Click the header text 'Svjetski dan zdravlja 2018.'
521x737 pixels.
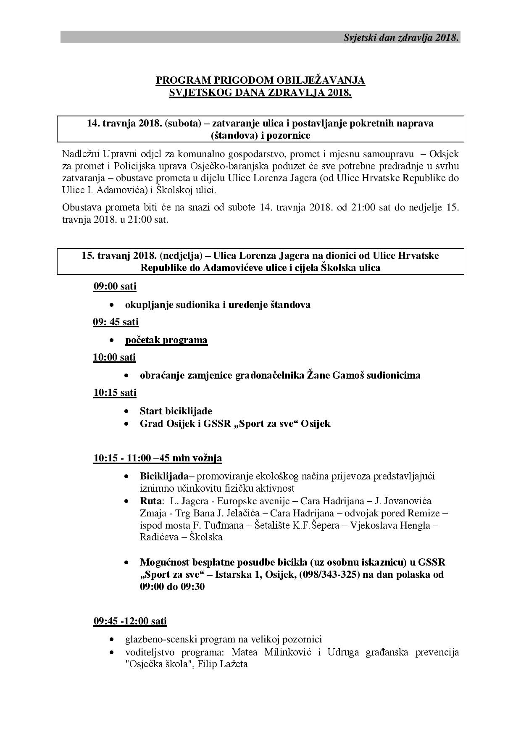click(x=401, y=37)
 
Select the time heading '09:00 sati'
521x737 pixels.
click(x=115, y=286)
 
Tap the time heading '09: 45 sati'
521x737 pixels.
click(x=116, y=322)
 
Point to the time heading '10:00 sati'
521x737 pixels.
click(x=114, y=357)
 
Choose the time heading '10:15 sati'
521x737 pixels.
click(x=115, y=392)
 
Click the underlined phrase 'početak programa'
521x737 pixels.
click(x=166, y=340)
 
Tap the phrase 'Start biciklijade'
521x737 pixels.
click(x=176, y=411)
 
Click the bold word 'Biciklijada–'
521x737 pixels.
click(x=167, y=476)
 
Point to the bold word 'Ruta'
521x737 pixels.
click(x=151, y=501)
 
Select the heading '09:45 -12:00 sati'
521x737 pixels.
click(x=130, y=621)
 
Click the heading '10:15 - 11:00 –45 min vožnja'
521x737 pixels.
click(x=158, y=458)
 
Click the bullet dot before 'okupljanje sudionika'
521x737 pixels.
click(x=111, y=305)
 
